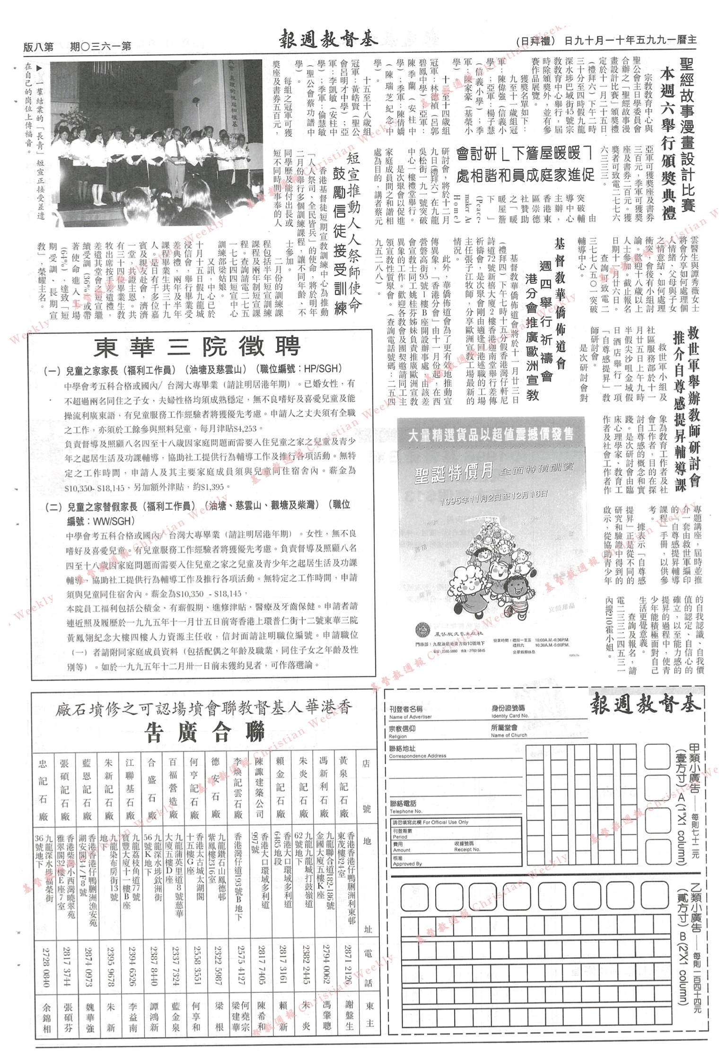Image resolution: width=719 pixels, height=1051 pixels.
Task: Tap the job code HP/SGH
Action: [x=323, y=369]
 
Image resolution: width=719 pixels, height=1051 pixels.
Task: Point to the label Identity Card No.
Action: [x=509, y=716]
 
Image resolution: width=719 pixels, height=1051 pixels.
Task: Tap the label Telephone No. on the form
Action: [x=405, y=811]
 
